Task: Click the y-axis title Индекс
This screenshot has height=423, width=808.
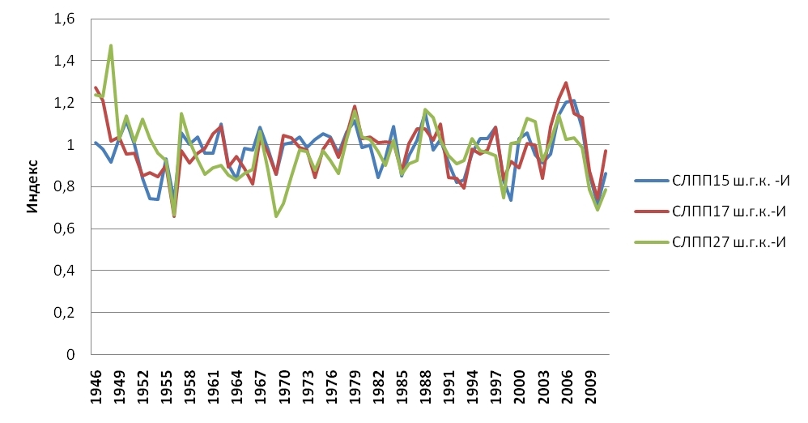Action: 33,187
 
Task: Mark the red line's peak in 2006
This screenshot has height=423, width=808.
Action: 566,83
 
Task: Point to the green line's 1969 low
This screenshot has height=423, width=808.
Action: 276,216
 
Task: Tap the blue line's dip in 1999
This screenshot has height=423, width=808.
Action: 511,200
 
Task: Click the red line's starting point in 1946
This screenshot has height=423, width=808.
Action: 96,88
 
